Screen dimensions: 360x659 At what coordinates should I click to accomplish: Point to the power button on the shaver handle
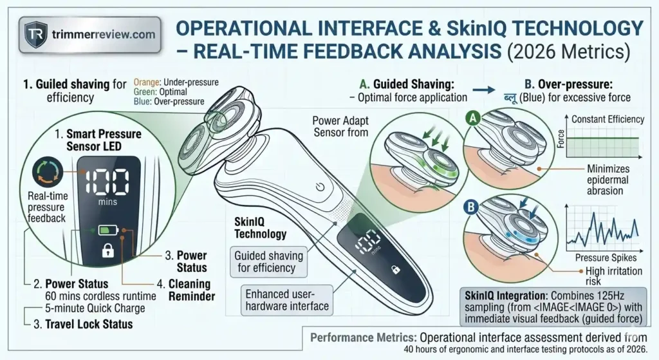coord(320,188)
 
